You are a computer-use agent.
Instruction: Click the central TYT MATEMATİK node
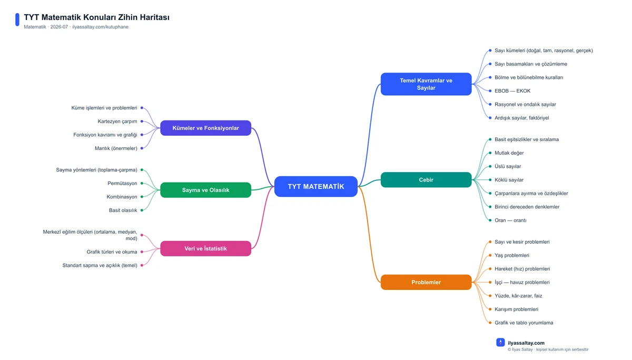coord(315,186)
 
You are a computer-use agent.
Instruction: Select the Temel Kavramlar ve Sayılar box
coord(426,84)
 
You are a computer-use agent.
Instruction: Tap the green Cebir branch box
coord(426,179)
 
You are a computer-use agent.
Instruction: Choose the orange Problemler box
coord(426,282)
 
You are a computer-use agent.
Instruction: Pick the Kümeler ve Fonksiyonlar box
coord(206,128)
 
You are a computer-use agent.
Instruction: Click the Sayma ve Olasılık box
coord(206,190)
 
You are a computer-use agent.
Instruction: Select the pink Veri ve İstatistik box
coord(206,248)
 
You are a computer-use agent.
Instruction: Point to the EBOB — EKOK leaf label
coord(512,91)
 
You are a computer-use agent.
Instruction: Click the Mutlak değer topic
coord(509,153)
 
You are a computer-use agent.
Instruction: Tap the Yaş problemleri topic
coord(512,255)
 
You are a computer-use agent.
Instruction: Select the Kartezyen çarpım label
coord(117,121)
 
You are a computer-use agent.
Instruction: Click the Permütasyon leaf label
coord(122,183)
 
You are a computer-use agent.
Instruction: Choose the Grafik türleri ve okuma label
coord(112,252)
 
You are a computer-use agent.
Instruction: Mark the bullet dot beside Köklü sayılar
coord(490,179)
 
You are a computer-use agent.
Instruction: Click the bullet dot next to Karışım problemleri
coord(490,309)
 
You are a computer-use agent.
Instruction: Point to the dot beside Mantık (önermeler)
coord(142,148)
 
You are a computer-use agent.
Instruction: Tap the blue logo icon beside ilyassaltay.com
coord(500,343)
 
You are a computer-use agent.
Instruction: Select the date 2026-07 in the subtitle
coord(59,27)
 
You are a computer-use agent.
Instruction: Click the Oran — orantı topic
coord(510,220)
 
